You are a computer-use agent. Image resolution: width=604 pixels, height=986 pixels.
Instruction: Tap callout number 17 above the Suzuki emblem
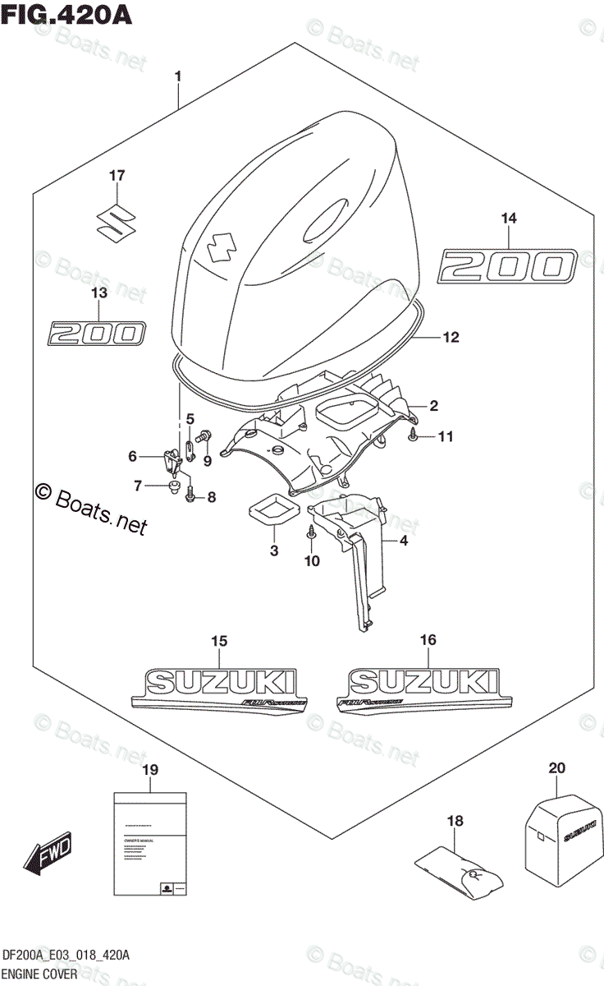pyautogui.click(x=118, y=175)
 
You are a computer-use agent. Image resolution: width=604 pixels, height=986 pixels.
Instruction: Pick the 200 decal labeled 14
pyautogui.click(x=506, y=267)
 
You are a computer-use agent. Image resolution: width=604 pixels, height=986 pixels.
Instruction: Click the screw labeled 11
pyautogui.click(x=414, y=435)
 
